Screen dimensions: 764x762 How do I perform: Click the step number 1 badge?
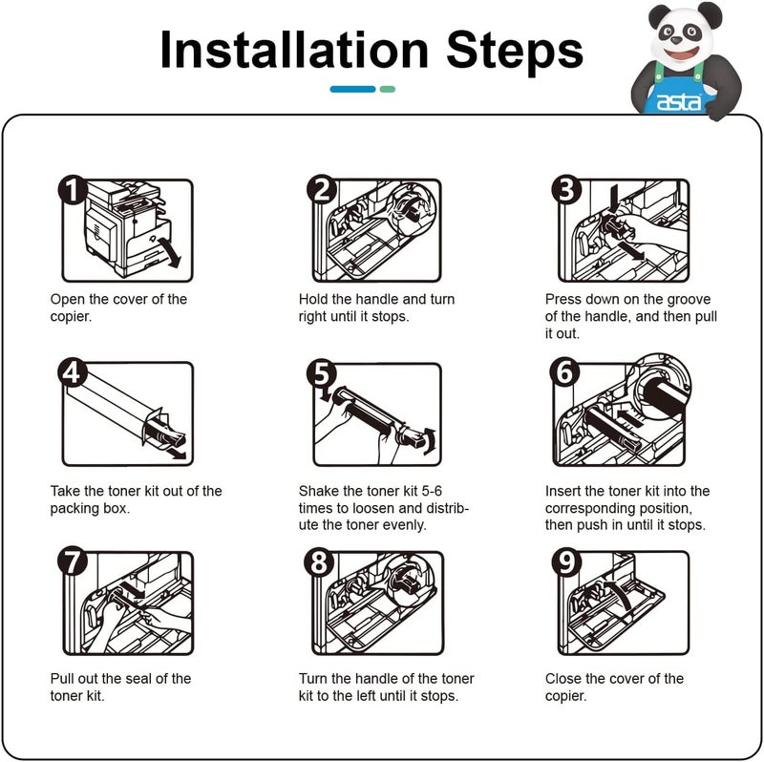(73, 190)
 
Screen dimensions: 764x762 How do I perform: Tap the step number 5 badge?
(322, 373)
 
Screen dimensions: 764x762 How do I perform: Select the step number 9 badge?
(566, 561)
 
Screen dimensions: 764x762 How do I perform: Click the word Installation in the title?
(294, 50)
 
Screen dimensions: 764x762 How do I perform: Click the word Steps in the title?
(515, 53)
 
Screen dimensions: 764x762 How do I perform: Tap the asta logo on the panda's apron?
(679, 102)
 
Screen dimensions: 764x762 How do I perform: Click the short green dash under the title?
(388, 89)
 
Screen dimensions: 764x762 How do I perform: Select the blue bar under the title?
(352, 89)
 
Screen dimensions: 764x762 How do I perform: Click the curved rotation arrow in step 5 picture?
(430, 441)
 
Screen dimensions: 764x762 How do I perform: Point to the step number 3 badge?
(566, 190)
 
